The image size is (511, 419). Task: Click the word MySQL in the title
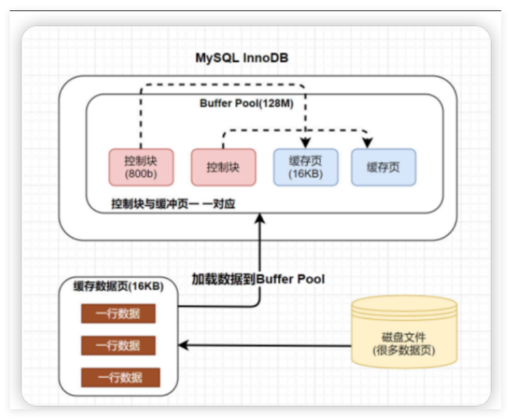point(217,58)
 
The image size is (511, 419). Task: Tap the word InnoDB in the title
point(265,58)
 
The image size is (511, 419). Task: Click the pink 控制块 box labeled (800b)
point(141,167)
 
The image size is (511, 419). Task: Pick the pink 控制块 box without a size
point(223,167)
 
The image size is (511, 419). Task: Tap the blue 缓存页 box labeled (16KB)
point(305,167)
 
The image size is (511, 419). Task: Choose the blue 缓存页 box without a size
point(383,167)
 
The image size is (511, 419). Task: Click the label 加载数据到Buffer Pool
point(257,279)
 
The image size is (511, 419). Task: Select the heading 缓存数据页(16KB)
point(118,286)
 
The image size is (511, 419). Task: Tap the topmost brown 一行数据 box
point(118,314)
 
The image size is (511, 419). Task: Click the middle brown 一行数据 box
point(118,345)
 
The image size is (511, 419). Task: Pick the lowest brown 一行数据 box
point(118,377)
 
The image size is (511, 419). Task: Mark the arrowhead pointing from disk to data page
point(184,345)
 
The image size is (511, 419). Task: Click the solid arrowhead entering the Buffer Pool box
point(260,218)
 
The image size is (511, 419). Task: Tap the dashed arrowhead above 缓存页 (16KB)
point(305,144)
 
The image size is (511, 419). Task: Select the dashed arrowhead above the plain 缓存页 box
point(368,144)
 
